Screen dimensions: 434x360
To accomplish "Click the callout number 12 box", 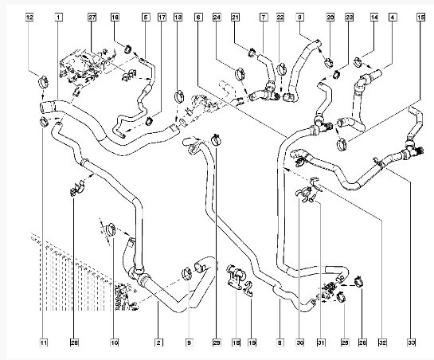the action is (x=29, y=18).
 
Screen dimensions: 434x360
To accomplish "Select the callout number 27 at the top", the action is (x=92, y=18).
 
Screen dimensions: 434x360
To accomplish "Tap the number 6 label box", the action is (x=198, y=18).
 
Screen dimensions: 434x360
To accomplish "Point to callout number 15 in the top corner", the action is (x=420, y=18).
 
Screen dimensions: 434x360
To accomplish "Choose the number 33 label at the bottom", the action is (x=411, y=342).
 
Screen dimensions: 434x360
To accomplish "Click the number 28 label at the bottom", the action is (x=74, y=342).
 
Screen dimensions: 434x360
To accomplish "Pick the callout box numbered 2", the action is (x=158, y=342).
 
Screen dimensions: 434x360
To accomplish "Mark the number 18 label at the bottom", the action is (x=236, y=342).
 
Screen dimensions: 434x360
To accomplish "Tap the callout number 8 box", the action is (x=280, y=342).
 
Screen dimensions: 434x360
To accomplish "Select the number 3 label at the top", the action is (x=299, y=18).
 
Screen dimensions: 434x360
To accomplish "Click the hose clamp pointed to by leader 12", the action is (x=44, y=82).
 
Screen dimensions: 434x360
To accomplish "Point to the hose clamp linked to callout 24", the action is (x=240, y=73).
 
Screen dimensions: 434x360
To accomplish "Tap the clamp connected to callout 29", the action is (x=217, y=139).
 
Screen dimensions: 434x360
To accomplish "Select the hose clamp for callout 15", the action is (x=342, y=144).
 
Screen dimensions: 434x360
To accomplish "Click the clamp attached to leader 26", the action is (x=358, y=281).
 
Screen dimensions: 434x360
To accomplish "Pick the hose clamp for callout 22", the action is (x=282, y=68).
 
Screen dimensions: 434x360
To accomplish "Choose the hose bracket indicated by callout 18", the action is (x=236, y=277).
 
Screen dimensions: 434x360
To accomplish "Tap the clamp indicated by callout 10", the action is (x=111, y=229).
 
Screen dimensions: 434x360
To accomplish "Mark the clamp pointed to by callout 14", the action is (x=358, y=62).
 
